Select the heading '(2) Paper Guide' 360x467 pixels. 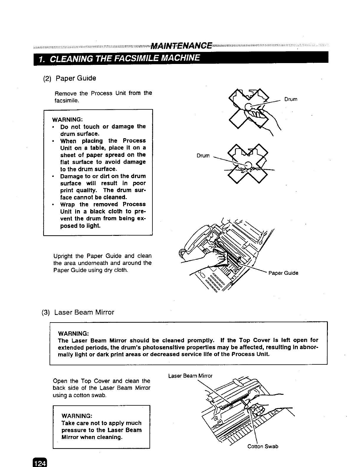click(70, 78)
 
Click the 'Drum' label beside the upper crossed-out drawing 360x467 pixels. click(291, 99)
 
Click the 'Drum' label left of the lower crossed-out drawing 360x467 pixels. click(203, 156)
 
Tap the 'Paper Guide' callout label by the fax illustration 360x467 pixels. click(283, 273)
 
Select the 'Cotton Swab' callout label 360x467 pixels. click(263, 446)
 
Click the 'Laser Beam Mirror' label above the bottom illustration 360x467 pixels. click(190, 376)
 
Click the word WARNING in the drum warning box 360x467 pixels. click(67, 120)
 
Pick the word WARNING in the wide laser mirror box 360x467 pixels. click(73, 333)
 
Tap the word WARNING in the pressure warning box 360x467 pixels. click(77, 416)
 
